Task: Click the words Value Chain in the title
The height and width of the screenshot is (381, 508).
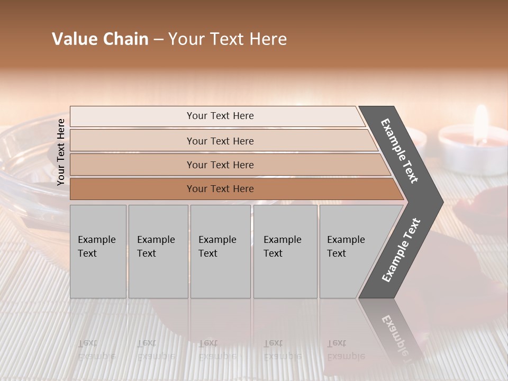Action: point(100,39)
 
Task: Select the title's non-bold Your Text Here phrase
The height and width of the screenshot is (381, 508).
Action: point(228,39)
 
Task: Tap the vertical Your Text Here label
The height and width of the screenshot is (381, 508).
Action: point(61,152)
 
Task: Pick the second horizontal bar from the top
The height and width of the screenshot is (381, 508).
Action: point(220,141)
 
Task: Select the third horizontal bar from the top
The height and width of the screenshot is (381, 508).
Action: point(220,165)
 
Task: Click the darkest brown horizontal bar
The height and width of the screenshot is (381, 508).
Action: point(220,189)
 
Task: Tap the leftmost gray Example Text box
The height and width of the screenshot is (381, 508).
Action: point(98,251)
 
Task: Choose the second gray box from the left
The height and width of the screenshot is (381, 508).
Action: point(158,251)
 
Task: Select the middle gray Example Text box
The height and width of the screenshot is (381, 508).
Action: point(220,251)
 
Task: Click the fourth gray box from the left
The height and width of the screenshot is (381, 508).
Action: point(285,251)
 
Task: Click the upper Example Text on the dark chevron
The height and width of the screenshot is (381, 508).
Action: point(400,151)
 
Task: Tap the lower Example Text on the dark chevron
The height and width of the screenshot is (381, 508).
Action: point(401,250)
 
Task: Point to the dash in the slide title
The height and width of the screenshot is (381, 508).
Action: point(158,40)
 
